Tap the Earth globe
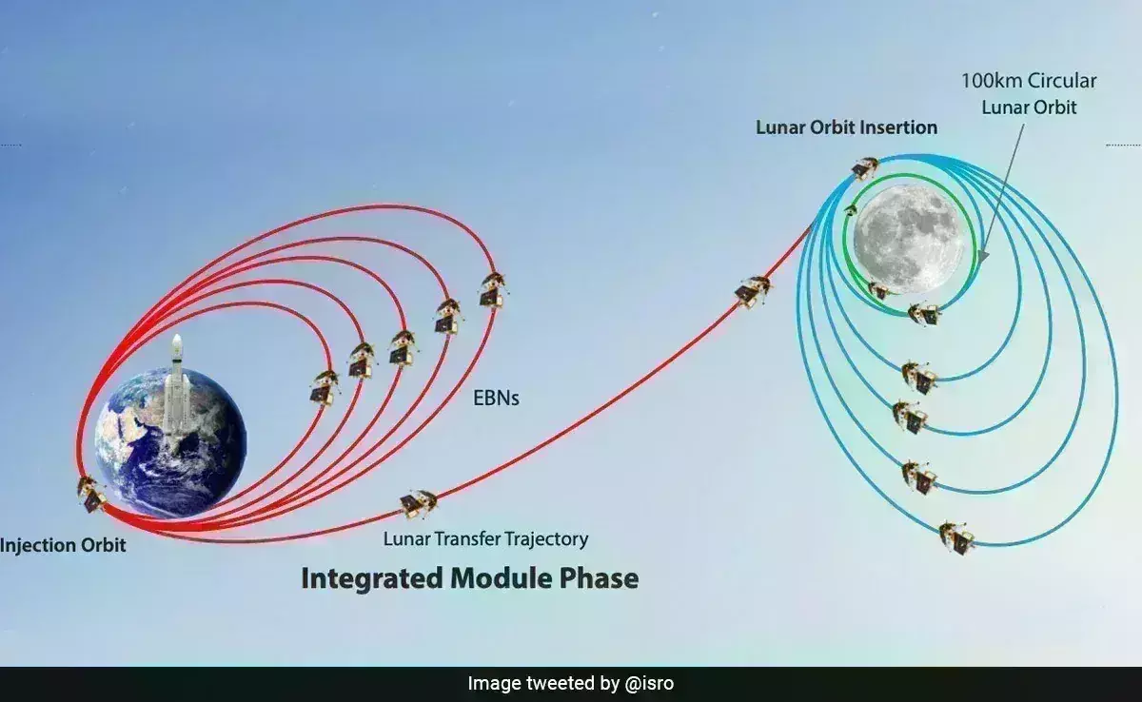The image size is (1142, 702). [x=170, y=442]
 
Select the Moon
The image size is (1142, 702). [x=909, y=240]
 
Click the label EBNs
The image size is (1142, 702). [x=496, y=399]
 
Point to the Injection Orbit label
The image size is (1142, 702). [x=63, y=546]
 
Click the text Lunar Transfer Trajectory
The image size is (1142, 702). [x=485, y=539]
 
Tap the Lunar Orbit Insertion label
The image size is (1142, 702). [x=846, y=127]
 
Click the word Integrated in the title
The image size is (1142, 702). [x=372, y=579]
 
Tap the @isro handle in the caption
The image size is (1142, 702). [x=649, y=684]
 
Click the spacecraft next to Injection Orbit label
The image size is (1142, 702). [x=91, y=494]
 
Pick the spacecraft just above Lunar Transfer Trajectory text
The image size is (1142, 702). [x=418, y=504]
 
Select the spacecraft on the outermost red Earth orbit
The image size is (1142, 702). [x=493, y=289]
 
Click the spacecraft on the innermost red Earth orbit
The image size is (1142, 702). [x=325, y=388]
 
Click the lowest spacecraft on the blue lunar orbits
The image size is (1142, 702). [x=956, y=538]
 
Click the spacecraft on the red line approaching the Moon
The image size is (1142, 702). [x=753, y=291]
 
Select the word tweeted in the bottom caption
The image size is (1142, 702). [x=573, y=684]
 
